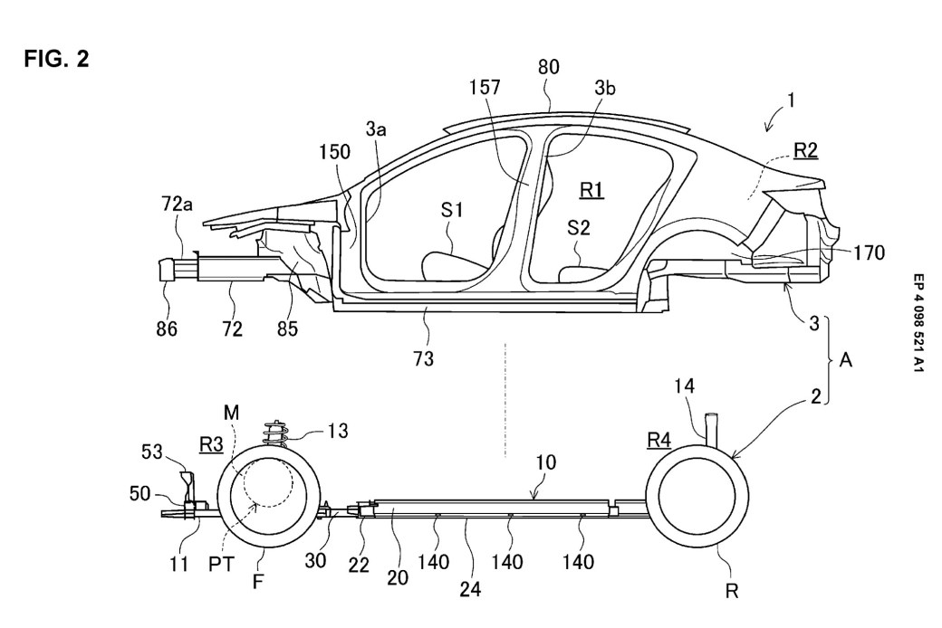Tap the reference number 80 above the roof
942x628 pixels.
[548, 67]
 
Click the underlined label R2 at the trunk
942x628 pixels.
[804, 151]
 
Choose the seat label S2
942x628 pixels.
[579, 229]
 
